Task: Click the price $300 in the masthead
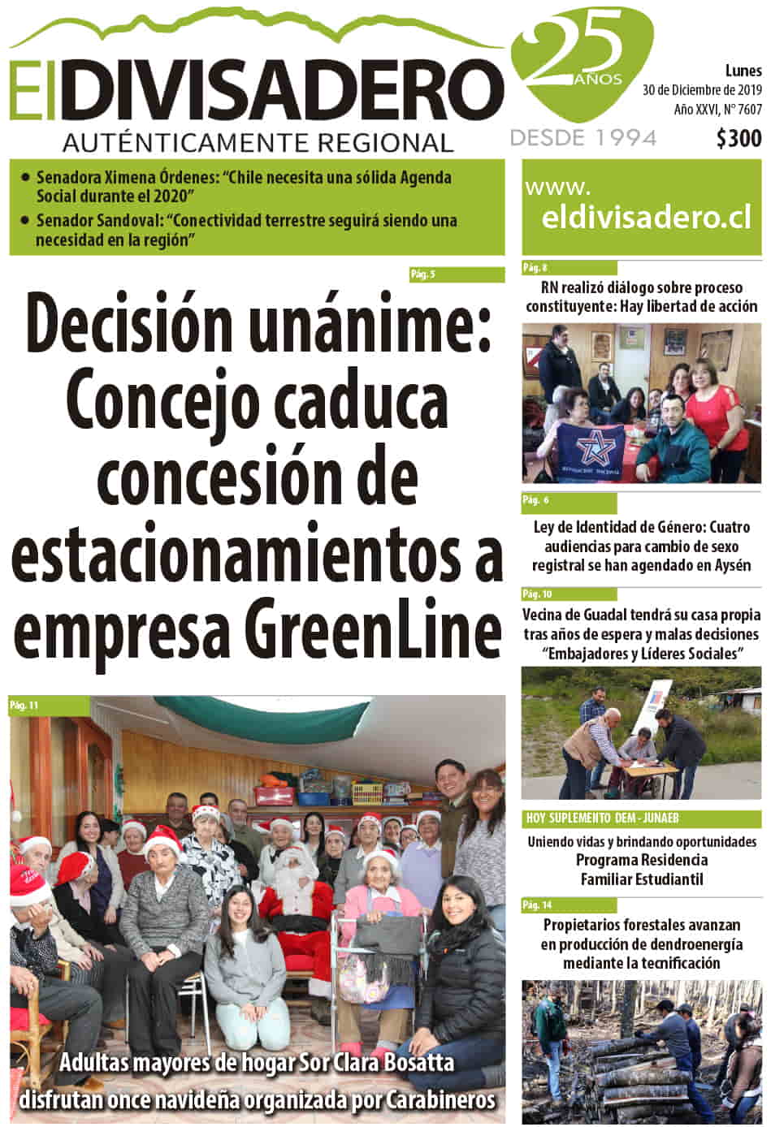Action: point(739,139)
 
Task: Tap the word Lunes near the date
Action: point(743,71)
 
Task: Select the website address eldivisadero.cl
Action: point(646,218)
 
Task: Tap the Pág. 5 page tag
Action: point(422,274)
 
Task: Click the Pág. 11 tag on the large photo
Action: point(24,706)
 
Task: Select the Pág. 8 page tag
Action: point(535,267)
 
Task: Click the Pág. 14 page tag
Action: point(537,905)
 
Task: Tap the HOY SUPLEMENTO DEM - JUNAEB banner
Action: point(602,818)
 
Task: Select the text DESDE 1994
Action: point(583,138)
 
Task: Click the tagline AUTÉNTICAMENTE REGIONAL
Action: point(258,143)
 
